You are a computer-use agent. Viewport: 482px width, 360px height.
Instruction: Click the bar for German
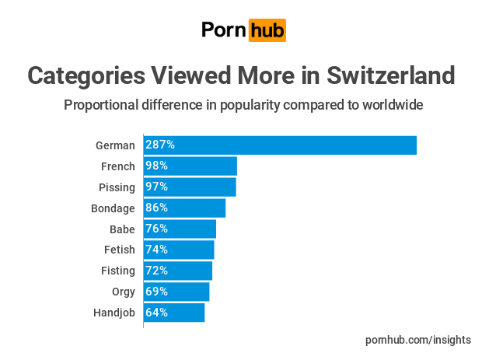(280, 145)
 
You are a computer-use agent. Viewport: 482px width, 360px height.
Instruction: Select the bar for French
(190, 166)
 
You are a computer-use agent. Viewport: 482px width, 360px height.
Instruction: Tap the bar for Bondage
(184, 208)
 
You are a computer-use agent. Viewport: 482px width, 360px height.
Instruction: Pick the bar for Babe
(180, 229)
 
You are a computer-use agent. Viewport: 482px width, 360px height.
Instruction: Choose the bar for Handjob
(174, 313)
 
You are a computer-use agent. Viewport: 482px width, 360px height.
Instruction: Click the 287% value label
(160, 145)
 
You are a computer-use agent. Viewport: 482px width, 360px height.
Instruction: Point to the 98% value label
(157, 166)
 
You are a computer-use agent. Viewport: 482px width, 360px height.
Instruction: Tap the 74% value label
(157, 250)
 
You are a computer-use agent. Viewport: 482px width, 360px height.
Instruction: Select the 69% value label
(157, 292)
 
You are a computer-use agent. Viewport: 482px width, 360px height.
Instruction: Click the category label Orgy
(124, 292)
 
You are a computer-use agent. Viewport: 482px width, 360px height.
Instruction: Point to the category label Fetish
(120, 250)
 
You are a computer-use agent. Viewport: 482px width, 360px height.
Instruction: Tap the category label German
(115, 145)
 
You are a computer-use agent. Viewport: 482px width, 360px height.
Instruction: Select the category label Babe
(122, 229)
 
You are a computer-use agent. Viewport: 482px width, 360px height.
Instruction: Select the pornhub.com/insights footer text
(418, 340)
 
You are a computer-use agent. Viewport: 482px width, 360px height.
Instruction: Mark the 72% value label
(157, 271)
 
